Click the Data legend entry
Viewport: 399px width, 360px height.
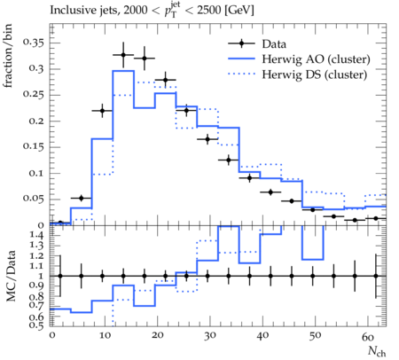pos(274,44)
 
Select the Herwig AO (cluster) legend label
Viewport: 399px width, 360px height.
pos(316,59)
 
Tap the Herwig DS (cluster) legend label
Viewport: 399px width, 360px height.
pos(315,74)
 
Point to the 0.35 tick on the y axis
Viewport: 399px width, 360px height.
pos(34,43)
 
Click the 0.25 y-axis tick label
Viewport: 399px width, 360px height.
pos(34,95)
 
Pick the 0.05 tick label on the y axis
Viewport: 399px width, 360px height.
pos(34,199)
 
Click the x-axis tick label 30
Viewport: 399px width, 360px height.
pos(209,336)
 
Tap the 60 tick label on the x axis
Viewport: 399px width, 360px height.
pos(368,336)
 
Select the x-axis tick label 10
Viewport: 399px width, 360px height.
pos(105,336)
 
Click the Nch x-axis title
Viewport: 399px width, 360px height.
pos(377,351)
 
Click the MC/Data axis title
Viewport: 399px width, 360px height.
pos(11,276)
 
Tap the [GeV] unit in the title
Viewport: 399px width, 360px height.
pos(239,11)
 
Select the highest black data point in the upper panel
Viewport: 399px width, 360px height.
pos(123,55)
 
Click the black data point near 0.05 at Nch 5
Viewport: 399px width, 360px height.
pos(82,198)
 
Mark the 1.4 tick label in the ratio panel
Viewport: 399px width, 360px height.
pos(37,236)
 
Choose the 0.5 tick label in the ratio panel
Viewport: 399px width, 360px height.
pos(37,325)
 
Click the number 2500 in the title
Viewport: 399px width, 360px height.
pos(208,11)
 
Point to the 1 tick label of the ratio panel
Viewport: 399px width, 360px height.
pos(41,276)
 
